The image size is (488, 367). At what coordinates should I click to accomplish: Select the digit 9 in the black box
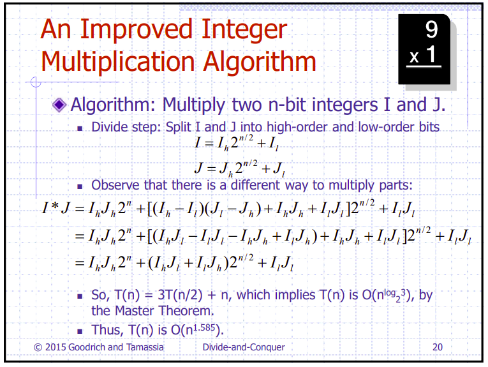431,29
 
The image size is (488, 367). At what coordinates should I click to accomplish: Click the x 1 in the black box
424,56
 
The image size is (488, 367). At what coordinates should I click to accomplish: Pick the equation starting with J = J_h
239,170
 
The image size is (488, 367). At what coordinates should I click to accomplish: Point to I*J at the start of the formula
55,208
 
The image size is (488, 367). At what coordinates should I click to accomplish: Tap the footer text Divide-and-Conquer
243,348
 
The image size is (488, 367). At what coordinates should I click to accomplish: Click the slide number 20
438,348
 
